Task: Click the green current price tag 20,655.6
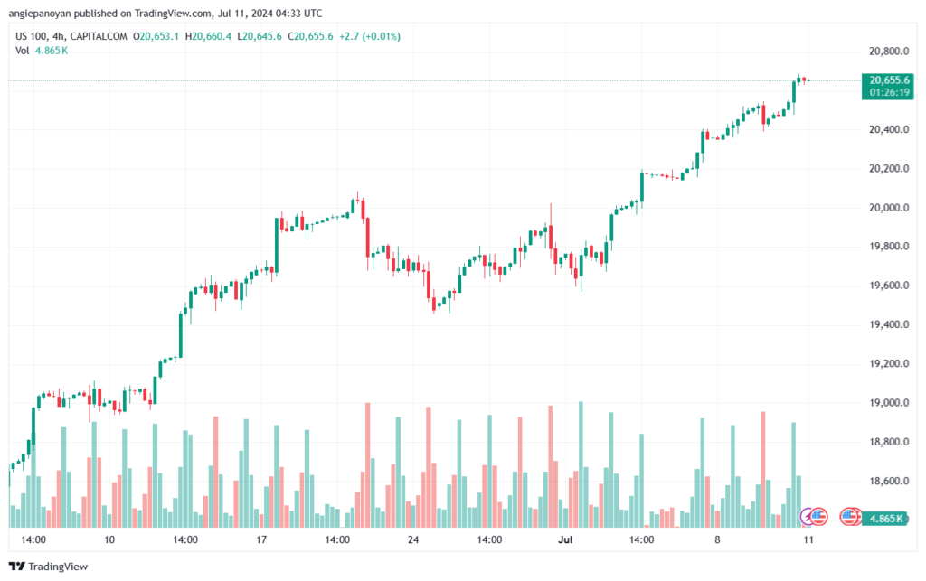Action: [x=890, y=80]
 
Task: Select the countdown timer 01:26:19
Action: [x=890, y=92]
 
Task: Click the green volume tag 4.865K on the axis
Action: [x=885, y=519]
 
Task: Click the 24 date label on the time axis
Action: [x=412, y=539]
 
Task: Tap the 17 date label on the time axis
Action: [x=261, y=539]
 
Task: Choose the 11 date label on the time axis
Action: [x=807, y=539]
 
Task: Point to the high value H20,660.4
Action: [x=208, y=36]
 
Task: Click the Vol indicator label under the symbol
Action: [x=23, y=50]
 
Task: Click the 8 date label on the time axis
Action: [x=717, y=539]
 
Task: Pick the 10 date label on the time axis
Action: [x=109, y=539]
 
